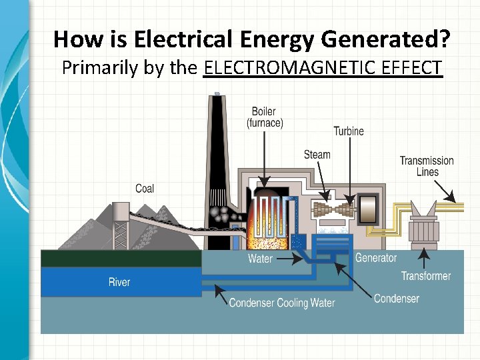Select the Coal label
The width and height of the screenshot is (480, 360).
click(145, 189)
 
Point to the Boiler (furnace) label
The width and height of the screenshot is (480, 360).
click(265, 117)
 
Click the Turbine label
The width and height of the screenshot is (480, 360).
click(349, 131)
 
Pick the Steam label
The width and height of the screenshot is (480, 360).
click(317, 155)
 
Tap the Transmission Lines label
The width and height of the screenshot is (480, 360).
click(427, 166)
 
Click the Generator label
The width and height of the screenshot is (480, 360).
click(376, 258)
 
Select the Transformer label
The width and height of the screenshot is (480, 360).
click(426, 276)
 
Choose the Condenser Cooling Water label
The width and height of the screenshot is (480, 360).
click(282, 303)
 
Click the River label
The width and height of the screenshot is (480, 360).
click(119, 282)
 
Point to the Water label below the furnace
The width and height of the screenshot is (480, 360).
click(260, 259)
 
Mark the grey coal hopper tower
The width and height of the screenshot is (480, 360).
click(121, 223)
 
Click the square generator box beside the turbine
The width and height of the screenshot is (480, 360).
click(368, 209)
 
